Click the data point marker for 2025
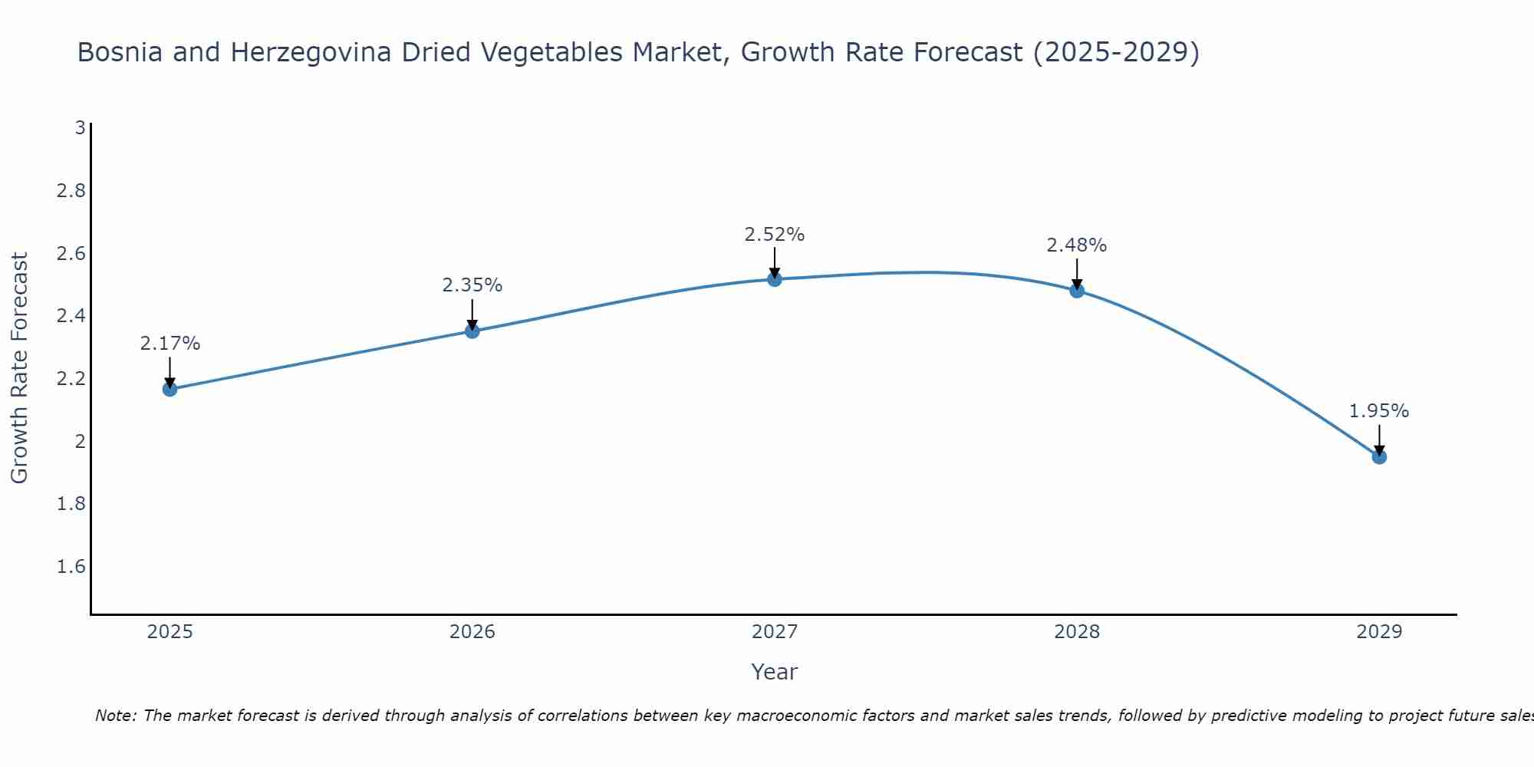point(170,389)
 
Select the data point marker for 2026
point(472,331)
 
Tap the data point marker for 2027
point(775,279)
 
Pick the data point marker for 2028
point(1077,291)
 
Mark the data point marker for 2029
point(1379,457)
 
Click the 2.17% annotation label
point(170,344)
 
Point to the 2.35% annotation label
point(472,285)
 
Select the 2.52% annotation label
point(775,235)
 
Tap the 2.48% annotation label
point(1077,245)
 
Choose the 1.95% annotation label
point(1379,411)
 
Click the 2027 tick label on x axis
point(775,632)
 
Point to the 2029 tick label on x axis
point(1379,632)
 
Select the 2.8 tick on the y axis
point(71,190)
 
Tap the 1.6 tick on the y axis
point(71,567)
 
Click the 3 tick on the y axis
point(80,128)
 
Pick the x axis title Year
point(775,672)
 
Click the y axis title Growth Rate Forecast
point(20,368)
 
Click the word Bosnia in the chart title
point(120,52)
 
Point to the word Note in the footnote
point(115,716)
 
